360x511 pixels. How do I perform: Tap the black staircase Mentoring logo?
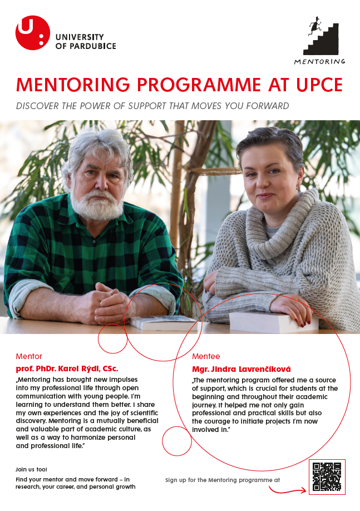pyautogui.click(x=324, y=37)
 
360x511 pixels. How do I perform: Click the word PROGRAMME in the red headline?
pyautogui.click(x=199, y=85)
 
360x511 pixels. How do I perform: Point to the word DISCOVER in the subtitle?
pyautogui.click(x=40, y=106)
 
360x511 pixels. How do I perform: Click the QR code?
pyautogui.click(x=327, y=477)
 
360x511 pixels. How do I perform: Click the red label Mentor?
pyautogui.click(x=29, y=356)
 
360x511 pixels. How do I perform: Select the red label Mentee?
pyautogui.click(x=206, y=356)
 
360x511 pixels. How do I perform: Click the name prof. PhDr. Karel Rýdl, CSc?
pyautogui.click(x=67, y=368)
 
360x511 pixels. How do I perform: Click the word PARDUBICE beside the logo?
pyautogui.click(x=91, y=46)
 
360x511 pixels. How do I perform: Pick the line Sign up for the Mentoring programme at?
pyautogui.click(x=222, y=479)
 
